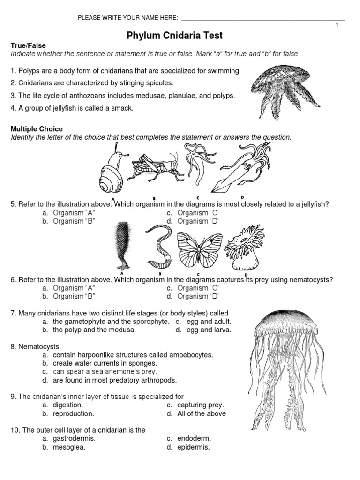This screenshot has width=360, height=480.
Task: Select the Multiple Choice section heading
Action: tap(36, 129)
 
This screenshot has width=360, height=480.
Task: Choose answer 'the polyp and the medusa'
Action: tap(94, 330)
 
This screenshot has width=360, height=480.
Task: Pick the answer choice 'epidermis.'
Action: tap(193, 447)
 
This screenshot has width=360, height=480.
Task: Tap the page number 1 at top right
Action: tap(337, 25)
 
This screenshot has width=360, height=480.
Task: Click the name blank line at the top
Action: tap(262, 19)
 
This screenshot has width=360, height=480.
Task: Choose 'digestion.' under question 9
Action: tap(68, 405)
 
